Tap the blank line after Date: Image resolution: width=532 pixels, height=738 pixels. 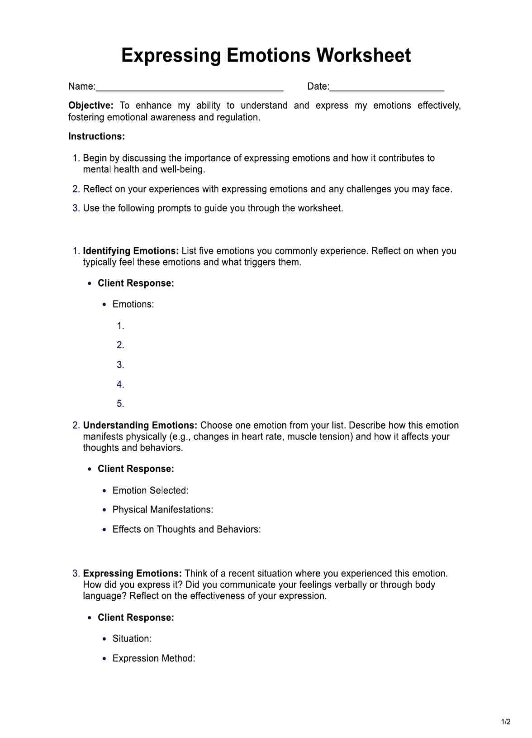point(386,88)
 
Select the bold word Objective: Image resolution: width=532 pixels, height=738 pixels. point(90,105)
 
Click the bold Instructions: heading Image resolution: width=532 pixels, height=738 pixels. point(96,136)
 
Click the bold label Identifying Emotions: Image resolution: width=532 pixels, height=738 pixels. point(131,251)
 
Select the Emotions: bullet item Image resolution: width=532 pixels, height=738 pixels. point(133,304)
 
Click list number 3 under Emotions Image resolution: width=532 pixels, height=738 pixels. point(120,365)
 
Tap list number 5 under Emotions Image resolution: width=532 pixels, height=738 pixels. point(120,404)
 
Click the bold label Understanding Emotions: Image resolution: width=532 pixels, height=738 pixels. point(140,426)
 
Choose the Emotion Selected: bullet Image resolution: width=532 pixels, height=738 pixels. point(150,490)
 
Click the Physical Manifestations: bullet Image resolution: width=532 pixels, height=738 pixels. point(162,510)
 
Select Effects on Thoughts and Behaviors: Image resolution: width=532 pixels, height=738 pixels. point(186,529)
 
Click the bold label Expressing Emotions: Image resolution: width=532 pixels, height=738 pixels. point(132,574)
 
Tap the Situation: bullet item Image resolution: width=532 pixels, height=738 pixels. point(132,639)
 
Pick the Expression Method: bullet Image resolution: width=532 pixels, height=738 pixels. point(154,658)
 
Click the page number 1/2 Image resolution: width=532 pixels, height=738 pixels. point(506,722)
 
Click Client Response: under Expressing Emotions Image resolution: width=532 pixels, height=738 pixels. point(136,618)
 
